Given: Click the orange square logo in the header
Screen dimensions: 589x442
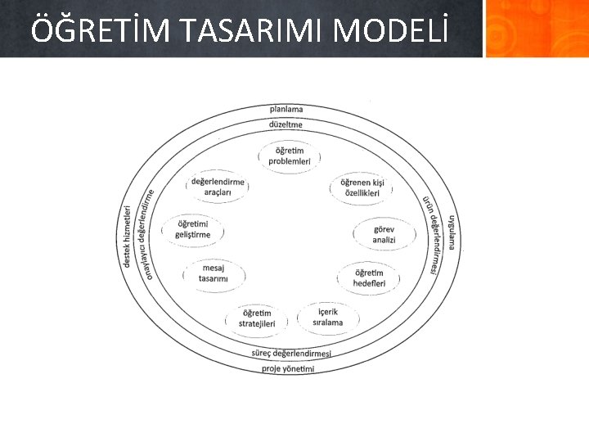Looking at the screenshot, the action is pyautogui.click(x=536, y=29).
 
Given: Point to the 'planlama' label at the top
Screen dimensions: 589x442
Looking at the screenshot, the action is pyautogui.click(x=286, y=109).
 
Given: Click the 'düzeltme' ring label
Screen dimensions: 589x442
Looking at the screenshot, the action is pyautogui.click(x=286, y=124).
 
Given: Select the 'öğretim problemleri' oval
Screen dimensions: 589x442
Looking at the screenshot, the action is pyautogui.click(x=290, y=156).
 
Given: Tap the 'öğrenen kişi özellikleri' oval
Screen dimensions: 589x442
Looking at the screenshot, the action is pyautogui.click(x=362, y=187).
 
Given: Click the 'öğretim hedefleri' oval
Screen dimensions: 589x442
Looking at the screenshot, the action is pyautogui.click(x=369, y=277).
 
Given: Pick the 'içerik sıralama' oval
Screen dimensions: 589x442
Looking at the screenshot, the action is pyautogui.click(x=327, y=317).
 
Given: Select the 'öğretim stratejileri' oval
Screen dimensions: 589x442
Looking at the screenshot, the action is pyautogui.click(x=257, y=318).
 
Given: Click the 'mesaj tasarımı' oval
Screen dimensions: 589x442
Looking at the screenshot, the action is pyautogui.click(x=213, y=273).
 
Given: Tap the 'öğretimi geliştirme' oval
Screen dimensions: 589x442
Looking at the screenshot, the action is pyautogui.click(x=193, y=229).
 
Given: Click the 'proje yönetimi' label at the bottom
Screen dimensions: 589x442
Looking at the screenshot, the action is pyautogui.click(x=288, y=368).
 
